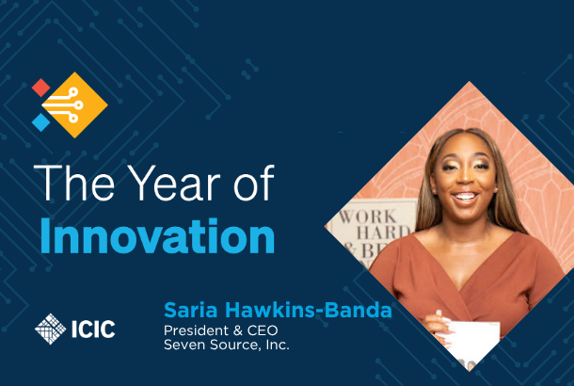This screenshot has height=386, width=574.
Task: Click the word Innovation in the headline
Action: click(x=157, y=236)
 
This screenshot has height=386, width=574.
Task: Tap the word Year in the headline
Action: click(x=174, y=183)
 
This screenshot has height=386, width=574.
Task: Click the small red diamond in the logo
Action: click(x=40, y=88)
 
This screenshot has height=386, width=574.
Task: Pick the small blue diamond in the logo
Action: click(x=40, y=122)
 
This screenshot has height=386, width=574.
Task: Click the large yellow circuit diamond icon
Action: click(x=74, y=105)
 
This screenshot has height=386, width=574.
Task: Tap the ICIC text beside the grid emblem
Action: click(x=93, y=330)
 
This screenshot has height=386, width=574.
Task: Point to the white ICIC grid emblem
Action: click(x=51, y=329)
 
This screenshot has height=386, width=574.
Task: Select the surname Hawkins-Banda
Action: click(x=309, y=310)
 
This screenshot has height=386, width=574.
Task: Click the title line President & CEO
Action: click(x=221, y=330)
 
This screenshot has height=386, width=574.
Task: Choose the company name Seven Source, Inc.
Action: click(x=226, y=345)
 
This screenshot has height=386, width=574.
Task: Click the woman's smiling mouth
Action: click(x=465, y=197)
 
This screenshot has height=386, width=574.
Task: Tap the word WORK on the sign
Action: click(x=367, y=217)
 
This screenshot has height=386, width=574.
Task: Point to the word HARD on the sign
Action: click(x=384, y=233)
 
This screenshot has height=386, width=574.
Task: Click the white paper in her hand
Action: click(x=472, y=341)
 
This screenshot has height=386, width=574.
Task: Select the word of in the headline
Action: click(x=254, y=183)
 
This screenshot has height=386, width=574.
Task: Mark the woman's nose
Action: click(x=464, y=178)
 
